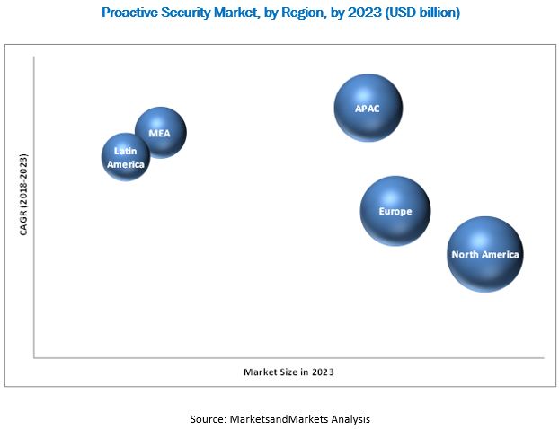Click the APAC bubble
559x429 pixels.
(368, 108)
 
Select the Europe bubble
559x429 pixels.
(395, 211)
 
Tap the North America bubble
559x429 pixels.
(484, 254)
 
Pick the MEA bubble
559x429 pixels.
(161, 132)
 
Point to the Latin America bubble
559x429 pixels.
(126, 158)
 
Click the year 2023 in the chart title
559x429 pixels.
(359, 13)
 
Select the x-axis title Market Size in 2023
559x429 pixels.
(295, 371)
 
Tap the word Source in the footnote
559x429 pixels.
(209, 418)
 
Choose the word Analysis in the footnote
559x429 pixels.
(350, 418)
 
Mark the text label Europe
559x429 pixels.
(395, 212)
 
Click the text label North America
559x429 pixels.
(485, 255)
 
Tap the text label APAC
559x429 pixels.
(368, 109)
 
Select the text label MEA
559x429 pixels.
(159, 133)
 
